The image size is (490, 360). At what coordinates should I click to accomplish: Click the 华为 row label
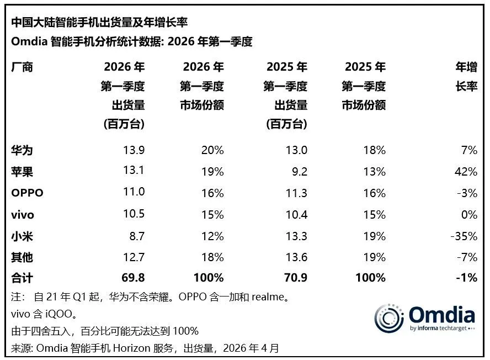coord(22,150)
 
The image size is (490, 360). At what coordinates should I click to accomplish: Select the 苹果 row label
coord(22,172)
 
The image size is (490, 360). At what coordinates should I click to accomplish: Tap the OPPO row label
coord(27,193)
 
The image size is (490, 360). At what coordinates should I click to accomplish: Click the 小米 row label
coord(22,236)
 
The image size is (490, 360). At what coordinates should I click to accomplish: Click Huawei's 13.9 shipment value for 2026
coord(134,150)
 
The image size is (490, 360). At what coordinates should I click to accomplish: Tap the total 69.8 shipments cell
coord(132,278)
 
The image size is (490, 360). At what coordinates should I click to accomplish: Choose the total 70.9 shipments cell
coord(295,278)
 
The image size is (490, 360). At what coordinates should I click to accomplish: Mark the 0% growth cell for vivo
coord(468,215)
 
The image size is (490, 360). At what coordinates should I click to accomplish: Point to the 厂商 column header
coord(22,67)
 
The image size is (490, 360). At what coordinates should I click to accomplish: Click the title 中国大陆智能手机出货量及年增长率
coord(99,22)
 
